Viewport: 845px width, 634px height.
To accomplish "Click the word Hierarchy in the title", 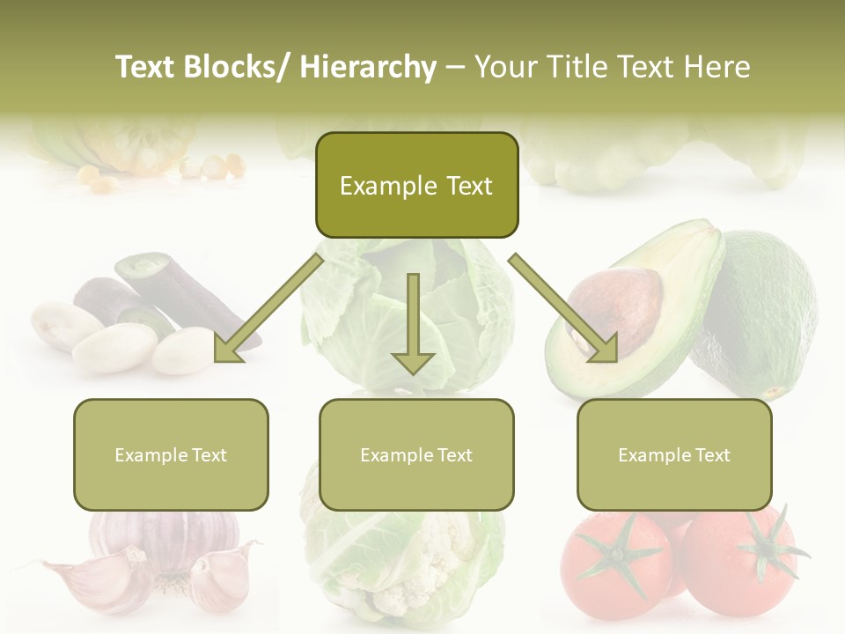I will tap(368, 67).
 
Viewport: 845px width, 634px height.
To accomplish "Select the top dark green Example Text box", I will tap(416, 186).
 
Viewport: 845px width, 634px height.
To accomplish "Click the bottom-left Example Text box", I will tap(171, 455).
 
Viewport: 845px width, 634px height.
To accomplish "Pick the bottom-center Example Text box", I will tap(416, 455).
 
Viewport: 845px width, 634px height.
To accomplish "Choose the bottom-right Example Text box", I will tap(674, 455).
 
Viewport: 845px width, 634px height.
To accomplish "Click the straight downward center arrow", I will tap(413, 326).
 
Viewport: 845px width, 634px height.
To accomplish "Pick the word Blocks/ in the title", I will tap(239, 67).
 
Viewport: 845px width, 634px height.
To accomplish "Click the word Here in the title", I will tap(716, 67).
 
